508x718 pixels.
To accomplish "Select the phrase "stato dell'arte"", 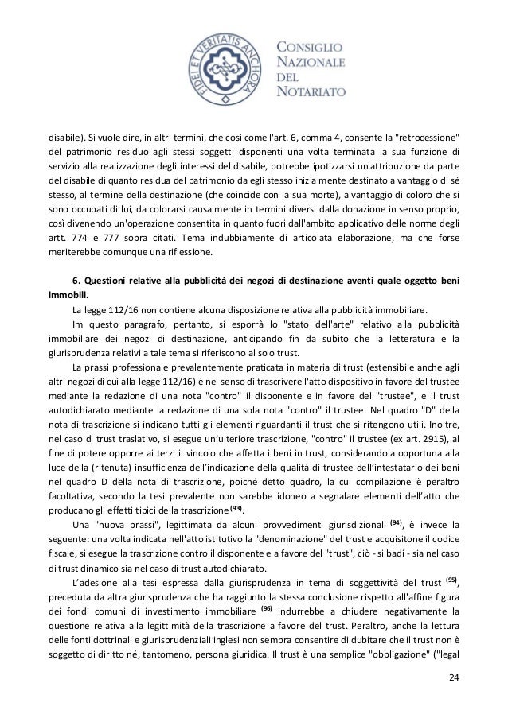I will [x=272, y=325].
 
